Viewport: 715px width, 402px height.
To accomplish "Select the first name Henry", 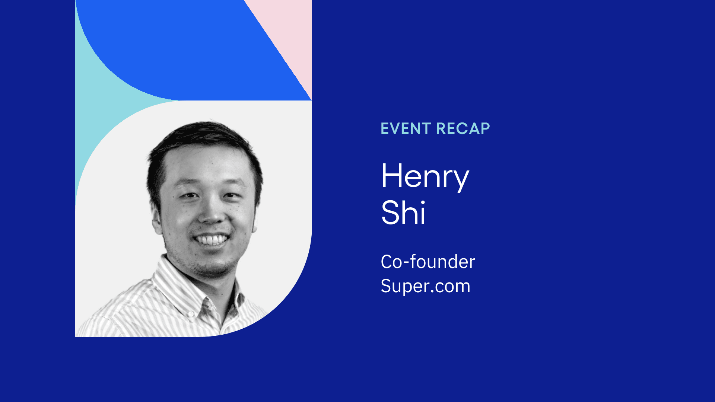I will (x=425, y=176).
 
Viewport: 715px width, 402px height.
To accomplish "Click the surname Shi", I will (x=403, y=213).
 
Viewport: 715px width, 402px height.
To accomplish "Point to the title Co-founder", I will (x=428, y=262).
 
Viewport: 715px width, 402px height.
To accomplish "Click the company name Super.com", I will (x=425, y=286).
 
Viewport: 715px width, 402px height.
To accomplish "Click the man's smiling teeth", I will (x=212, y=239).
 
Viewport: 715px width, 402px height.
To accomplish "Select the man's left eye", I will (x=232, y=195).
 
